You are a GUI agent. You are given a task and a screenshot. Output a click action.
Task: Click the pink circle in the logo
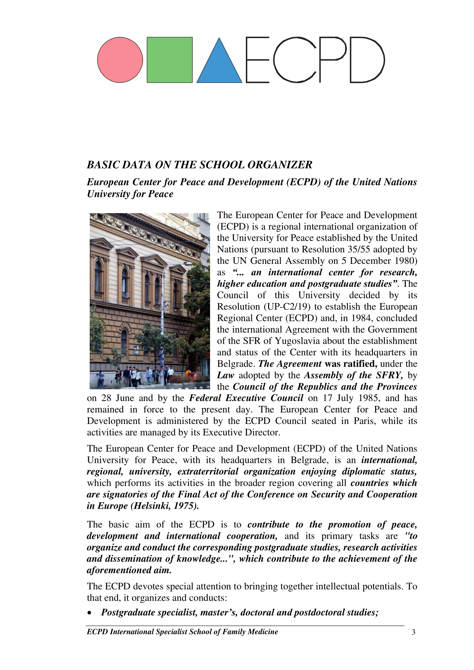tap(120, 60)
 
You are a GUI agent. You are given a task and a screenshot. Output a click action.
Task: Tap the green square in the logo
tap(170, 60)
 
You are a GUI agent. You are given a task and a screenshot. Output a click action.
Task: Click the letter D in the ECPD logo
tap(367, 60)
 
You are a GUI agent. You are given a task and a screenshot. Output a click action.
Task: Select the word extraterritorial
tap(208, 472)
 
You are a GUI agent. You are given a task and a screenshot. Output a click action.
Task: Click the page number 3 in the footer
tap(413, 632)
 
